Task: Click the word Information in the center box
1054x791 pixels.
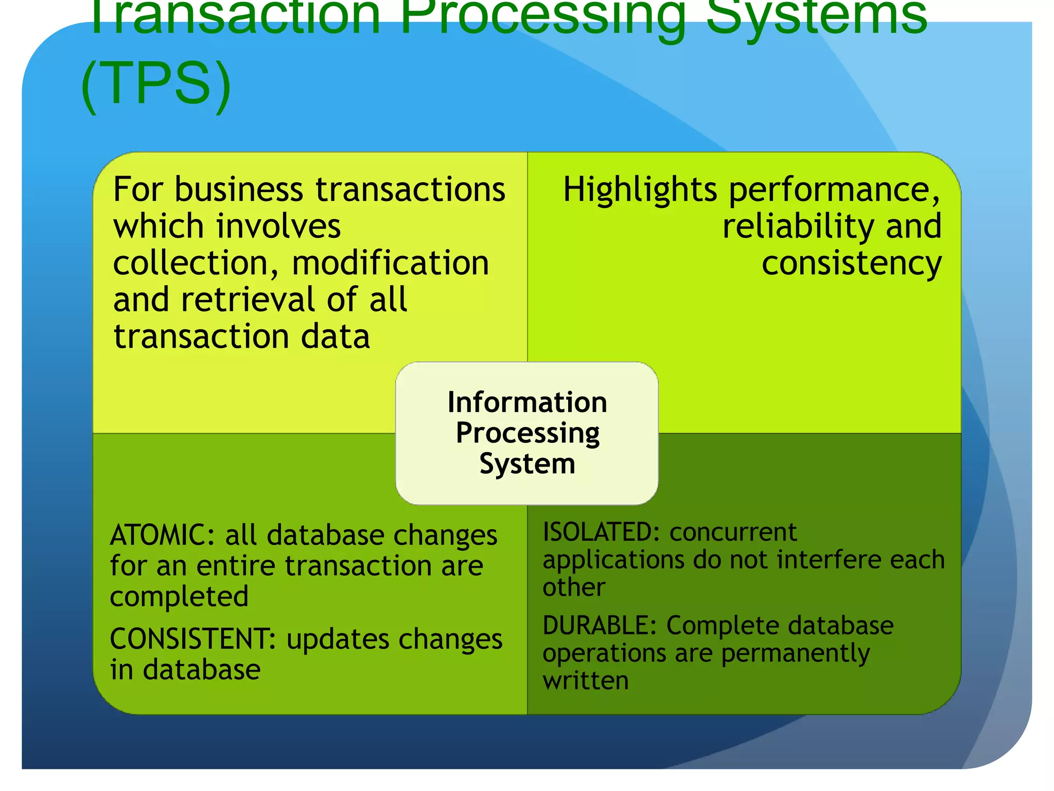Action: coord(527,402)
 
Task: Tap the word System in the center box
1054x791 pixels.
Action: coord(527,464)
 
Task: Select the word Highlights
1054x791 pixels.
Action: coord(640,190)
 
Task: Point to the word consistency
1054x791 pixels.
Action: coord(851,263)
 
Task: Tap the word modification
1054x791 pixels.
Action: coord(390,263)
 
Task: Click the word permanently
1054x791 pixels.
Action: coord(795,653)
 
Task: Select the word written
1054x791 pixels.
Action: coord(586,681)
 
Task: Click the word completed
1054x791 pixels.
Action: coord(179,596)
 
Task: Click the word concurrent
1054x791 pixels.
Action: coord(733,532)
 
